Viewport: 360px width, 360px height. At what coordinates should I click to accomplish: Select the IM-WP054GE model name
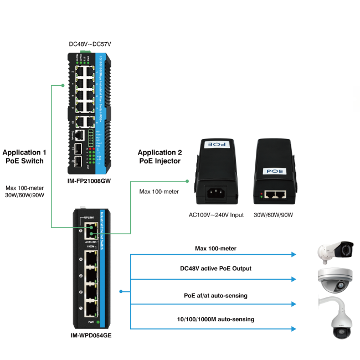click(x=91, y=335)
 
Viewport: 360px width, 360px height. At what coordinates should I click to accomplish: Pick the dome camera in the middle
click(x=334, y=280)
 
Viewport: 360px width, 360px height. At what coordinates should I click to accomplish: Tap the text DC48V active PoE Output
click(x=215, y=269)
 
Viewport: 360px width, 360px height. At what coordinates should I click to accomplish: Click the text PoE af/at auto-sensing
click(x=215, y=295)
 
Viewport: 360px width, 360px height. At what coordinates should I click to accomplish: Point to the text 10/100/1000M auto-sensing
click(x=215, y=320)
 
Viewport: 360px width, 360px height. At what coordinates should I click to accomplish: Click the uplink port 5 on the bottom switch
click(x=90, y=232)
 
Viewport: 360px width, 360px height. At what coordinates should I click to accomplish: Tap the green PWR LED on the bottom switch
click(x=98, y=322)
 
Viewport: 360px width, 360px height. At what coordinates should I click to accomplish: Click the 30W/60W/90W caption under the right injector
click(x=273, y=214)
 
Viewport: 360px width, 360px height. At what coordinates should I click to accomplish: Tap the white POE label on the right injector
click(x=275, y=172)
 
